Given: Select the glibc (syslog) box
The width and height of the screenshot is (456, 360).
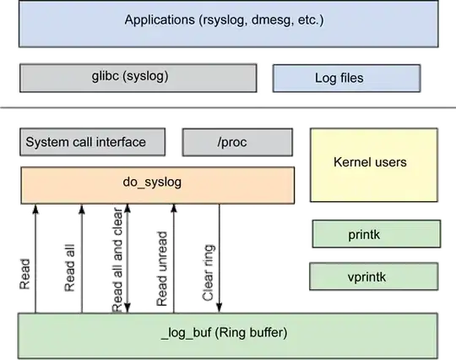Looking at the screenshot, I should point(138,77).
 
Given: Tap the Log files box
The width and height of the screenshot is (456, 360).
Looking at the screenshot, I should point(346,79).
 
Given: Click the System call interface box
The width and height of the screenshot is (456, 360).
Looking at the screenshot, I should point(85,142).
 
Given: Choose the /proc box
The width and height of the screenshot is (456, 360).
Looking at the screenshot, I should point(238,142).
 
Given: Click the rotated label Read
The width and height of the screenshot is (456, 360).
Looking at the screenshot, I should point(26,272).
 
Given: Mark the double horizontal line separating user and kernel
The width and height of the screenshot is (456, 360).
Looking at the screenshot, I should point(228,108).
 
